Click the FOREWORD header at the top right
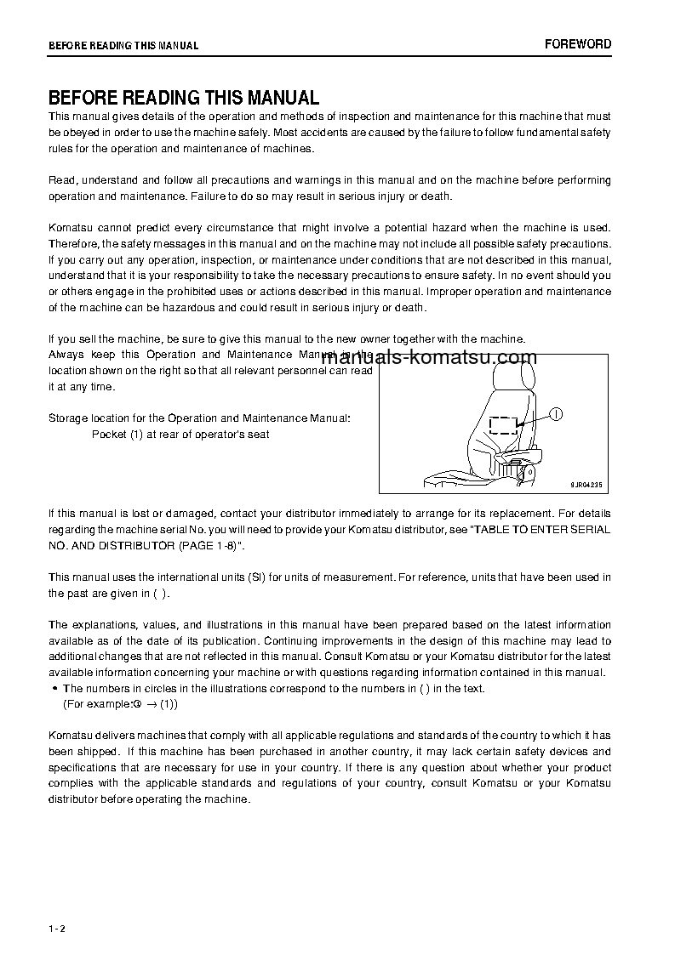(578, 44)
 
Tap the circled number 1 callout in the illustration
(555, 414)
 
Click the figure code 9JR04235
(586, 485)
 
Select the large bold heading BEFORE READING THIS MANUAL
(184, 98)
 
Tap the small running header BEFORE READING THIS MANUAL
(123, 46)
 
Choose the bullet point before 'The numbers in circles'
(54, 689)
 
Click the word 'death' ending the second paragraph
(434, 196)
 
